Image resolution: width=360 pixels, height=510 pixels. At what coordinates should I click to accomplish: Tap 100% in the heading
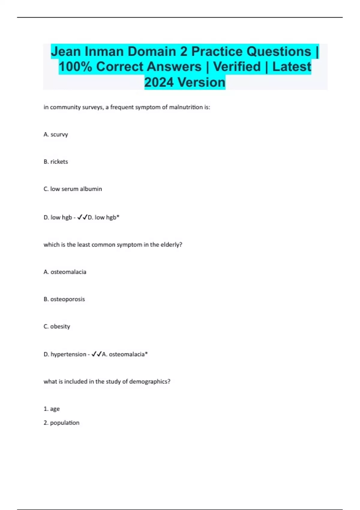pos(75,67)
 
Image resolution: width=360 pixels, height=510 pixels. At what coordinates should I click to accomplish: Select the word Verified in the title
pos(237,67)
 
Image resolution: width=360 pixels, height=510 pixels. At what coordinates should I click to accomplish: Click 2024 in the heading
pos(159,82)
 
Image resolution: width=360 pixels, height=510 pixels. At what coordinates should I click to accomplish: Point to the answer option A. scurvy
pos(56,134)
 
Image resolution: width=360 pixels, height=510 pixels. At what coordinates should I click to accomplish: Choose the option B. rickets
pos(56,162)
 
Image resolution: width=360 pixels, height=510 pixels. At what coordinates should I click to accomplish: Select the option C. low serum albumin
pos(73,189)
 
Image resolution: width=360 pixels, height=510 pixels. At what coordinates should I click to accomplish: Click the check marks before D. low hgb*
pos(82,217)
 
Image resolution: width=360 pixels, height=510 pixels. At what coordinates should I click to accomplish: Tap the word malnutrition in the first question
pos(186,107)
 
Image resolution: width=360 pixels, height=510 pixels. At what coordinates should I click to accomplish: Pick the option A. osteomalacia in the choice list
pos(65,272)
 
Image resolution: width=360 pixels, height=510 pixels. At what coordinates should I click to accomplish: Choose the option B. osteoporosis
pos(64,299)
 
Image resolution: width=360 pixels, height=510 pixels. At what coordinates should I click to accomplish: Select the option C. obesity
pos(57,326)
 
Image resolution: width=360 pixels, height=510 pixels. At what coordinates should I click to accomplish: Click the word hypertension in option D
pos(68,354)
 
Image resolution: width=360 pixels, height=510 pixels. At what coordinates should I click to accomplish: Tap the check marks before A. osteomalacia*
pos(96,354)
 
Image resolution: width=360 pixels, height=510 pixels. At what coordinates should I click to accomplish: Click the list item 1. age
pos(52,409)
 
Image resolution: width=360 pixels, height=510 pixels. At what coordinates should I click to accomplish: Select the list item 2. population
pos(61,423)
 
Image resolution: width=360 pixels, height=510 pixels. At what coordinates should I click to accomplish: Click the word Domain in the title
pos(152,52)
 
